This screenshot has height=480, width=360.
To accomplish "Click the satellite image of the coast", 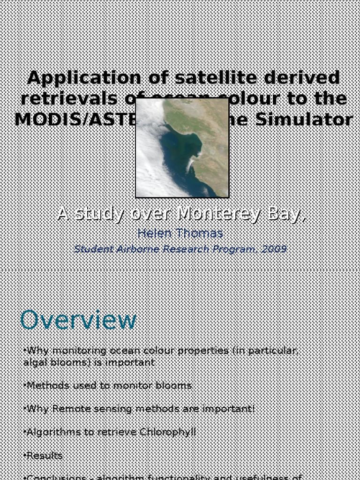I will click(182, 148).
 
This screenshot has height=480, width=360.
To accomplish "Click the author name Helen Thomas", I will click(180, 233).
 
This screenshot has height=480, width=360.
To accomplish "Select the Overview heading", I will click(78, 321).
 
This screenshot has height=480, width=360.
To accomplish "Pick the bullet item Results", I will click(45, 455).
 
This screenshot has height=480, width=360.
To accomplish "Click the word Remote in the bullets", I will click(70, 409).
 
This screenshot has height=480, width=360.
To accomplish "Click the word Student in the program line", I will click(91, 249).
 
